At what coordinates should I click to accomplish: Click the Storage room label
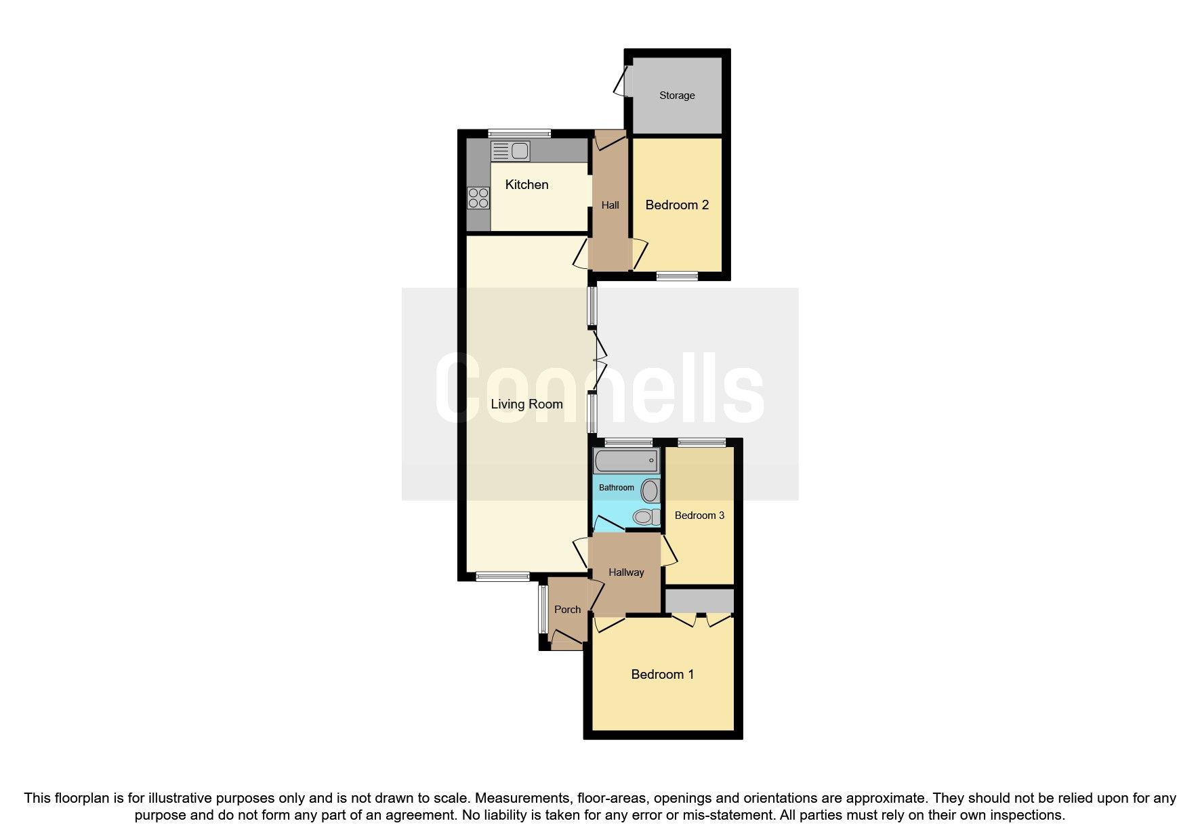point(677,96)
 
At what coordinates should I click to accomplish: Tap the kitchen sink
point(510,151)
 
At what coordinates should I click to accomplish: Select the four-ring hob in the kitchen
point(478,198)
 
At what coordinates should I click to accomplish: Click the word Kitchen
point(526,185)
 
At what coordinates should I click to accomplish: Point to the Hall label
point(610,205)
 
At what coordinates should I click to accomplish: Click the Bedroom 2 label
point(677,205)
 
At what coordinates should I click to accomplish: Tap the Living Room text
point(526,404)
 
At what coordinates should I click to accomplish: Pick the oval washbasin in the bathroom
point(650,490)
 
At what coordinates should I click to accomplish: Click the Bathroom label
point(616,488)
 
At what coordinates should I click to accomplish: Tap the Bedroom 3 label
point(699,516)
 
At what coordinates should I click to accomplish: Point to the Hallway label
point(625,572)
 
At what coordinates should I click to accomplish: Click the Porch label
point(567,610)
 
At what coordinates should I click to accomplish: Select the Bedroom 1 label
point(662,675)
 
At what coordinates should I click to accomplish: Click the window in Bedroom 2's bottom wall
point(677,276)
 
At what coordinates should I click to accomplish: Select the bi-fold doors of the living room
point(598,361)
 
